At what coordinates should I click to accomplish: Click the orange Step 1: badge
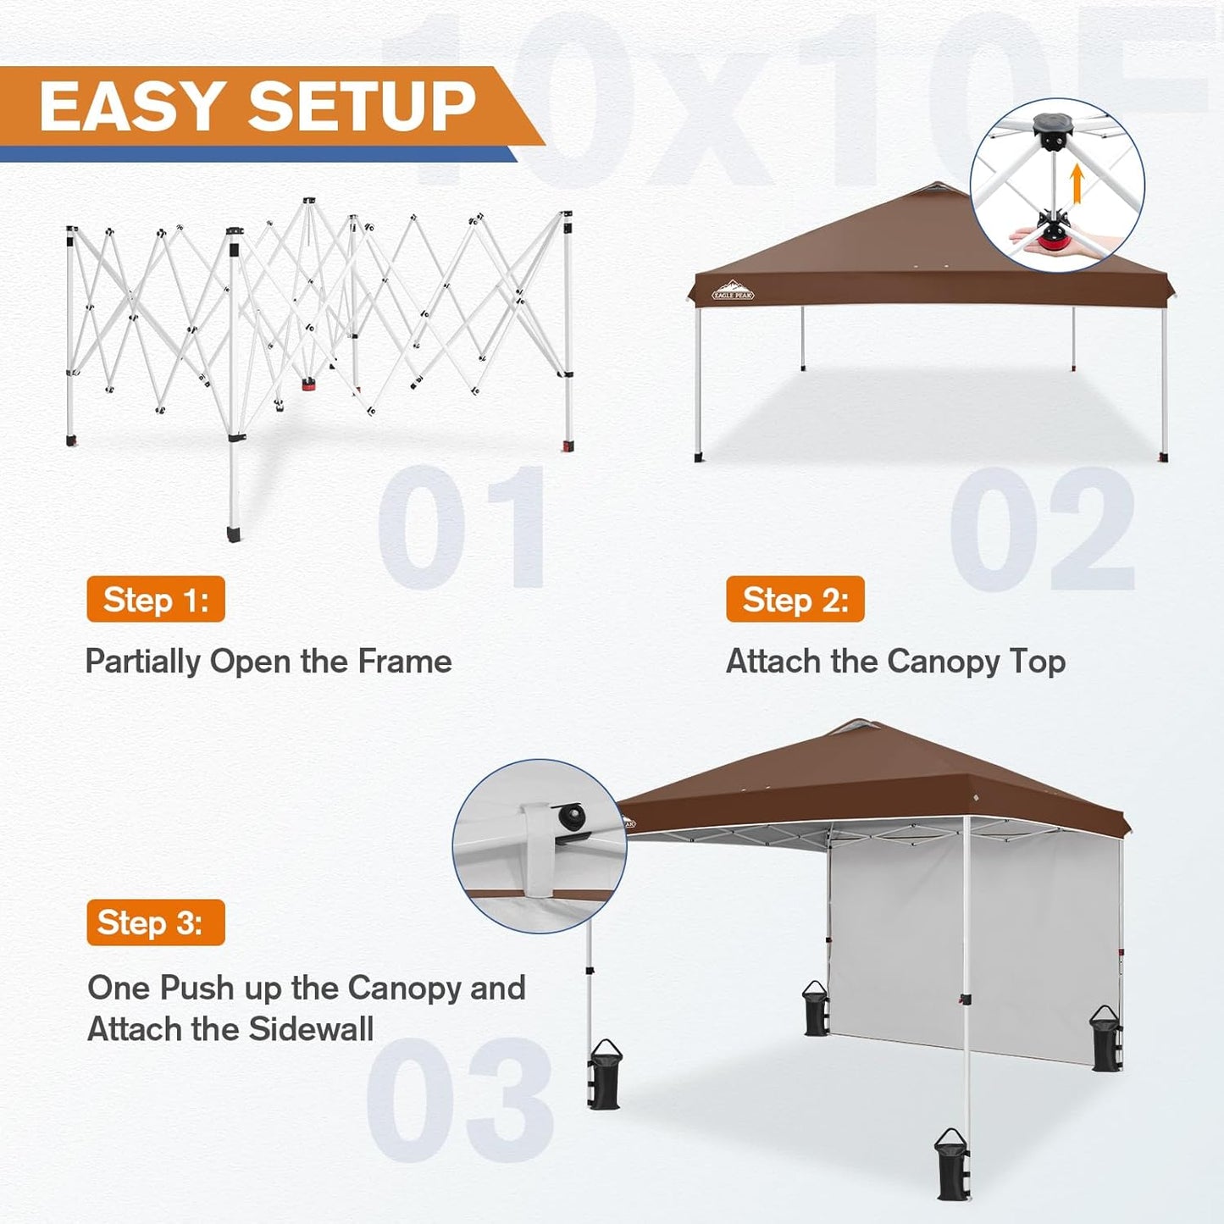click(156, 600)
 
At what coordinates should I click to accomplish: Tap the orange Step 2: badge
click(795, 600)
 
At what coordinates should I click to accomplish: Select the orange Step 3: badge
click(156, 922)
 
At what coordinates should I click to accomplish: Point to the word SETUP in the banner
click(361, 108)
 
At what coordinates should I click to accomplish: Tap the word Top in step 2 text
click(1038, 662)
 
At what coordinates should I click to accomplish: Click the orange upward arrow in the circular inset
click(1077, 184)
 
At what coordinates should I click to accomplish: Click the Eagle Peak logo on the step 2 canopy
click(733, 291)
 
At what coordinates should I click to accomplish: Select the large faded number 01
click(462, 527)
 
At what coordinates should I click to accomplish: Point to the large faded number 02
click(1042, 529)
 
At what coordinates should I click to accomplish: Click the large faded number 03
click(460, 1100)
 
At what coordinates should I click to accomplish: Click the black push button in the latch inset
click(571, 818)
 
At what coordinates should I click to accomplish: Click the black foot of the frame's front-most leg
click(234, 534)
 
